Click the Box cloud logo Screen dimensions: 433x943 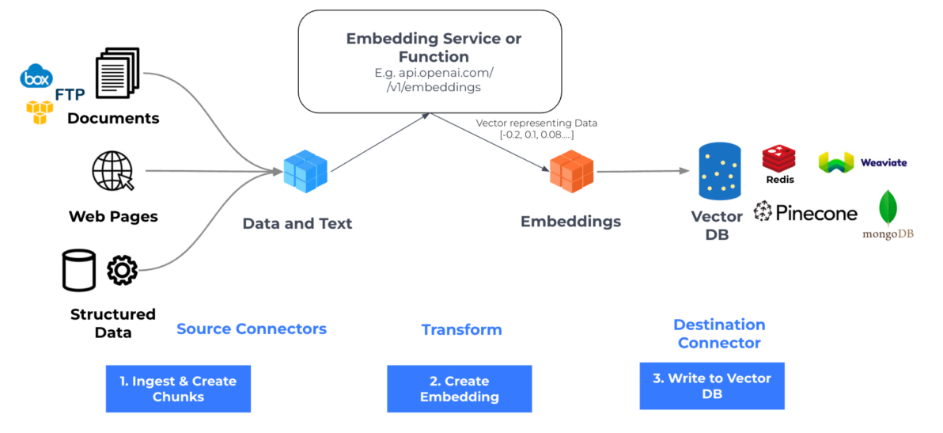[36, 78]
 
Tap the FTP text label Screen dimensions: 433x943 [70, 96]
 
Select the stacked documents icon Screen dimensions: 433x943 [117, 74]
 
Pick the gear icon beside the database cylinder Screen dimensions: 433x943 [122, 270]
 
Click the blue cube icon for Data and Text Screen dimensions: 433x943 [305, 171]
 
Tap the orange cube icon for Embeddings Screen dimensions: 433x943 [571, 171]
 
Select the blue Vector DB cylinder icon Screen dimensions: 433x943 [719, 171]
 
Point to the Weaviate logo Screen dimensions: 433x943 [862, 162]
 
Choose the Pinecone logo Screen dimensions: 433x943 [805, 212]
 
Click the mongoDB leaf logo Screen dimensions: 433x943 [888, 209]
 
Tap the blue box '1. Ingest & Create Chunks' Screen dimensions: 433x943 [178, 389]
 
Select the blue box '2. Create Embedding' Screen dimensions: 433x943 [459, 389]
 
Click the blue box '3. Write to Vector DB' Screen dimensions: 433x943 [711, 386]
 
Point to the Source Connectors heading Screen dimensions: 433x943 [251, 329]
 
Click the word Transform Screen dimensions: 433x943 [461, 329]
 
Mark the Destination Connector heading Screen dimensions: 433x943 [719, 333]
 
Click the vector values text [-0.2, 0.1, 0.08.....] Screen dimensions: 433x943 [536, 136]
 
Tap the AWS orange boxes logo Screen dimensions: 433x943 [40, 112]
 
